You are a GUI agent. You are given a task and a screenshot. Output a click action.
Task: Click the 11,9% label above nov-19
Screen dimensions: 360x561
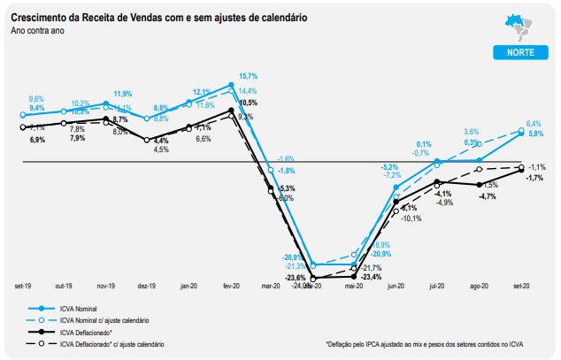click(122, 94)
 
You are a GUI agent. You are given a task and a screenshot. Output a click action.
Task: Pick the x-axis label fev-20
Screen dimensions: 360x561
click(231, 286)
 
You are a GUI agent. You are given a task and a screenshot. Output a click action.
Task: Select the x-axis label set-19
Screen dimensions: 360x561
click(23, 286)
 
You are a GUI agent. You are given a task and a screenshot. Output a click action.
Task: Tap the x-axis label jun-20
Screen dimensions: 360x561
click(396, 286)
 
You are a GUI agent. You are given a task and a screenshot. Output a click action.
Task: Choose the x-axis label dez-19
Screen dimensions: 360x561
click(147, 286)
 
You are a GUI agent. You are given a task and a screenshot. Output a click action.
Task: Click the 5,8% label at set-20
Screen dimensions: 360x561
click(535, 134)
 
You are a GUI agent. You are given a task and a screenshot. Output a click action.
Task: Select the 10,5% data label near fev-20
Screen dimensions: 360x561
click(247, 103)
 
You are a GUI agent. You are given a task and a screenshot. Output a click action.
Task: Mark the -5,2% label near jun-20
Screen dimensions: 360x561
click(390, 166)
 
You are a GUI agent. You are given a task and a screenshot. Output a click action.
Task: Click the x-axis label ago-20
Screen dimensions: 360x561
click(480, 286)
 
